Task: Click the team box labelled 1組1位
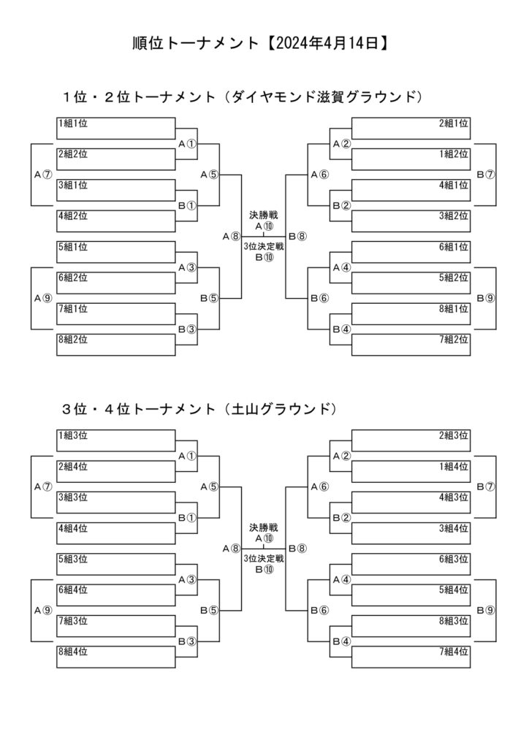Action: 116,128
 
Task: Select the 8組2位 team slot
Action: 116,344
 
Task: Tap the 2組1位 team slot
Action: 411,128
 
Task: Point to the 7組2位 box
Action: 411,344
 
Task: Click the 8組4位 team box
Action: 116,656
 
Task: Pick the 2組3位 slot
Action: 411,440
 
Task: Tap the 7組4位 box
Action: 411,656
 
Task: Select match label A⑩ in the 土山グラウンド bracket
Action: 263,538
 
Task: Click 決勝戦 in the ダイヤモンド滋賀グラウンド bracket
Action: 263,215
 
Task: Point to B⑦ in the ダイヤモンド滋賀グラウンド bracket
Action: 486,175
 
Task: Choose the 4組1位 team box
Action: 411,190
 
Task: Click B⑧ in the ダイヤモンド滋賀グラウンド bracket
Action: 297,236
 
